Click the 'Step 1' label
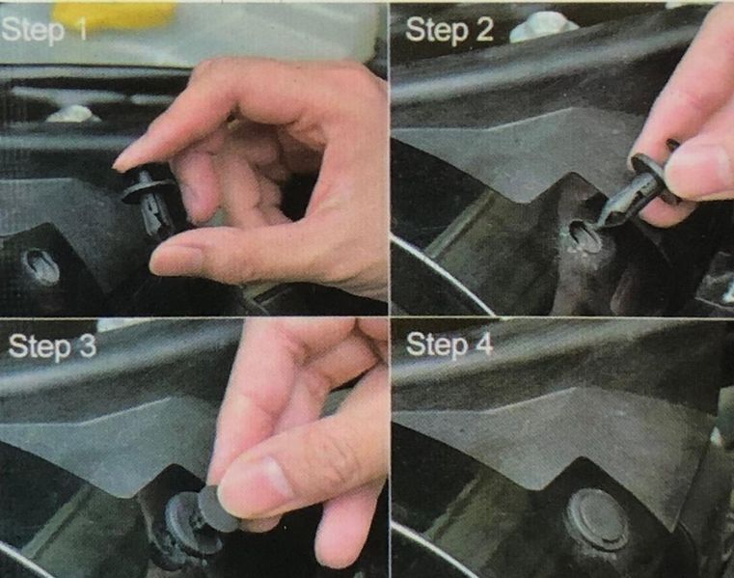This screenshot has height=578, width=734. pyautogui.click(x=44, y=31)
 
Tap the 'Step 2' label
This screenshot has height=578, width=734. pyautogui.click(x=449, y=31)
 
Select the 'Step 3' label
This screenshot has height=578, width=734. pyautogui.click(x=52, y=346)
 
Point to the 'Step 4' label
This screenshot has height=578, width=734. pyautogui.click(x=449, y=345)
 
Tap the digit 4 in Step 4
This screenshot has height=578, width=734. pyautogui.click(x=484, y=344)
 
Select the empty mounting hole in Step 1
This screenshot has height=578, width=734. pyautogui.click(x=42, y=267)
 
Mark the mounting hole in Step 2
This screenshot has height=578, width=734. pyautogui.click(x=585, y=236)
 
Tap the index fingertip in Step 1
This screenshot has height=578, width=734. pyautogui.click(x=122, y=161)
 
